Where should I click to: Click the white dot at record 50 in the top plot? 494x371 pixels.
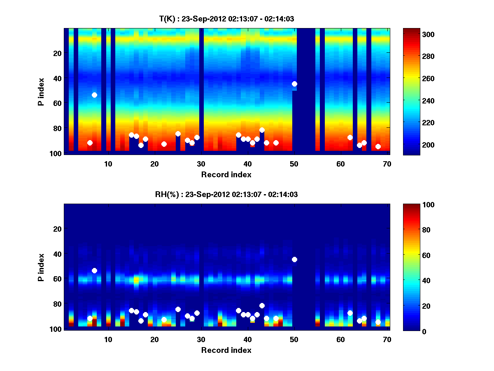pyautogui.click(x=294, y=84)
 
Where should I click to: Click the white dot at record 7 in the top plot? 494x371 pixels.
pyautogui.click(x=94, y=95)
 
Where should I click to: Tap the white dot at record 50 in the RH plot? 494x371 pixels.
pyautogui.click(x=294, y=259)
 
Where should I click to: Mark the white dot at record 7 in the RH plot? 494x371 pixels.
pyautogui.click(x=94, y=270)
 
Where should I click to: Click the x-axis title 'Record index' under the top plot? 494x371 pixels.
pyautogui.click(x=226, y=174)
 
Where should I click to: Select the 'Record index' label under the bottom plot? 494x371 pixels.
pyautogui.click(x=226, y=350)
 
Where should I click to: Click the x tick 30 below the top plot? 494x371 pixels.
pyautogui.click(x=201, y=163)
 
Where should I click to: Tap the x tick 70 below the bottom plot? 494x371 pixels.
pyautogui.click(x=387, y=339)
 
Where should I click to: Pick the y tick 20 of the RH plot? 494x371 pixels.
pyautogui.click(x=58, y=229)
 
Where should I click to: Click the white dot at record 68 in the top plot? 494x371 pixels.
pyautogui.click(x=378, y=146)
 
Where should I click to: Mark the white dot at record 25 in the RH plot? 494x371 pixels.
pyautogui.click(x=178, y=309)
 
